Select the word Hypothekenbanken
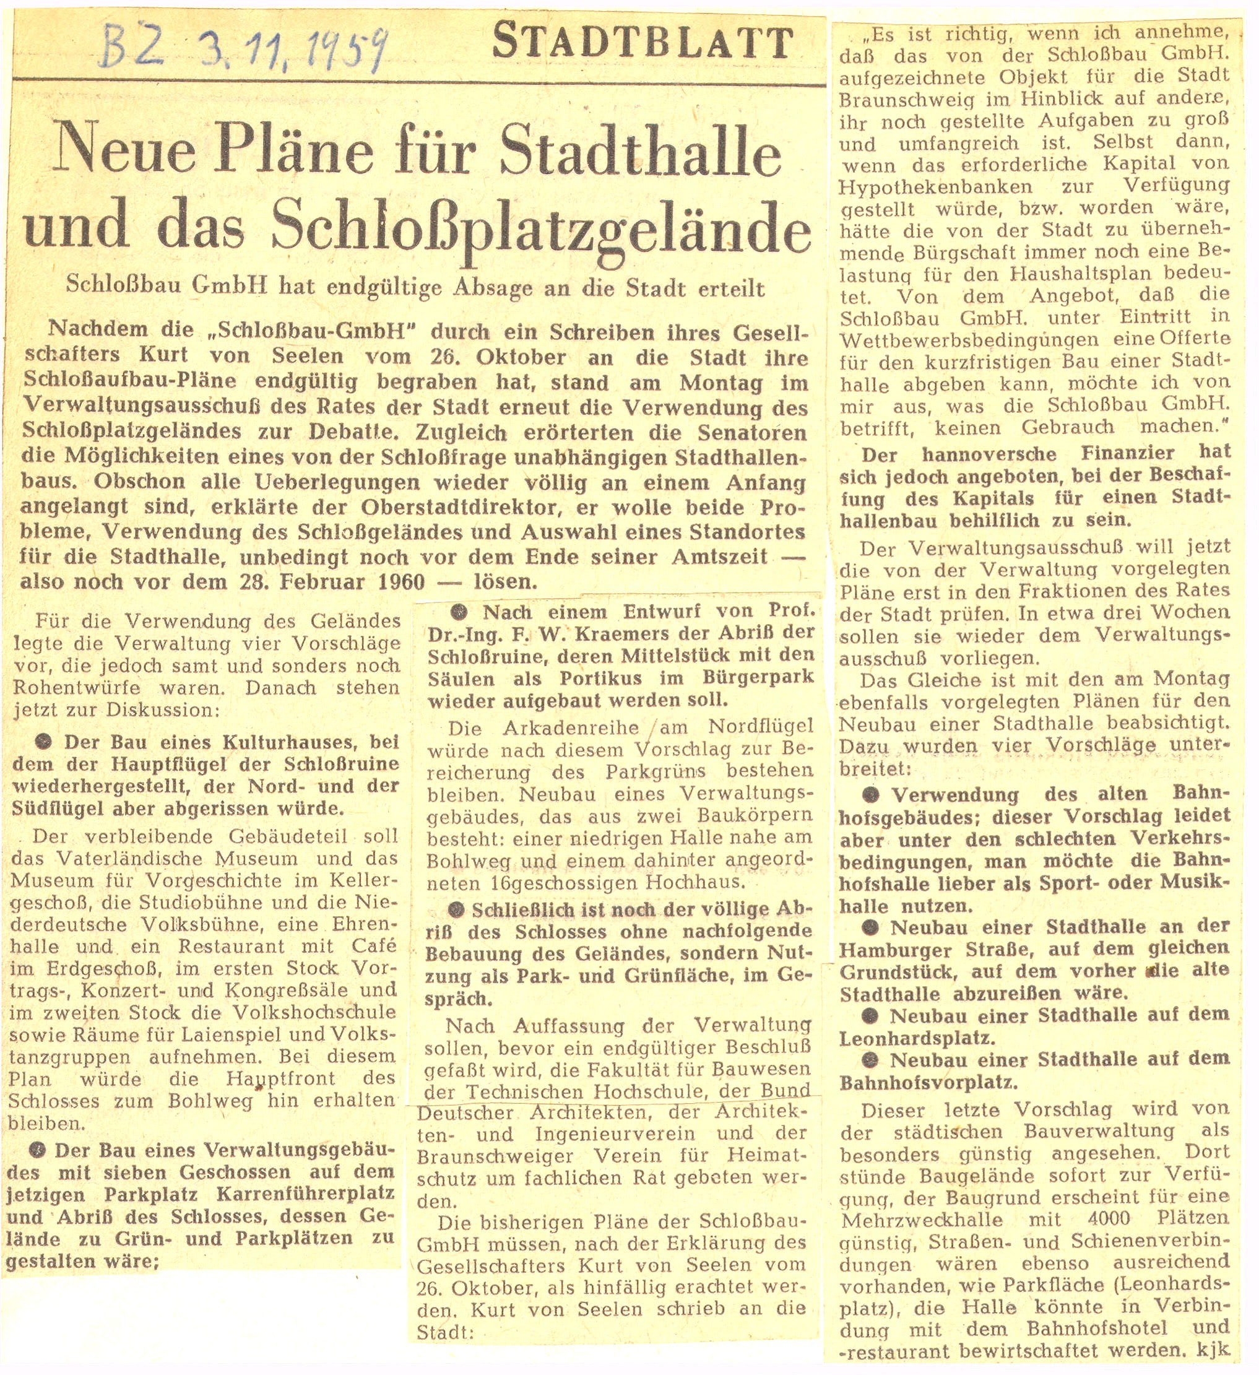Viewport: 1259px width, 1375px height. (x=935, y=186)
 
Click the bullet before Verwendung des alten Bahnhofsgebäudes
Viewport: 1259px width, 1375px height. (x=870, y=794)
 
